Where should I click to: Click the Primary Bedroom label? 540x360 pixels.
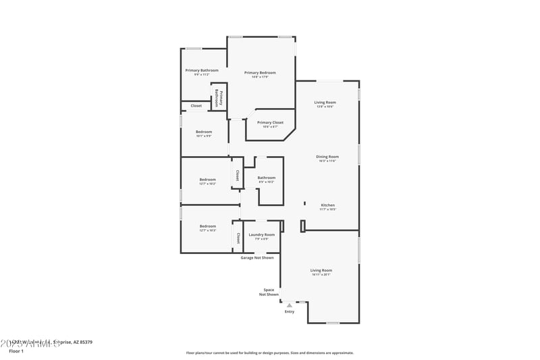click(x=260, y=73)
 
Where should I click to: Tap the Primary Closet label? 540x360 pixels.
click(x=270, y=123)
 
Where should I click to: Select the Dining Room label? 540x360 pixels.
click(x=327, y=157)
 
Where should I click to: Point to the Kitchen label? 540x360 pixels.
click(x=327, y=205)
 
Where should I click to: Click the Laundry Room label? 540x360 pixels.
click(x=261, y=235)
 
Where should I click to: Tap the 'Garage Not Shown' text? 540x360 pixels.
click(x=257, y=257)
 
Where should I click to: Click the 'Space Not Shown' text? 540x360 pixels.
click(x=269, y=292)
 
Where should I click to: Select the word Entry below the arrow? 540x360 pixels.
click(x=290, y=311)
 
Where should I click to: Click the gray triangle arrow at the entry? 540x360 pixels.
click(x=290, y=305)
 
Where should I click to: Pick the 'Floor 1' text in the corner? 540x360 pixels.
click(x=16, y=351)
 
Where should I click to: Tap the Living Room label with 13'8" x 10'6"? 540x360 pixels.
click(x=325, y=103)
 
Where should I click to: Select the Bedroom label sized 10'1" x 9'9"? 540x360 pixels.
click(x=204, y=132)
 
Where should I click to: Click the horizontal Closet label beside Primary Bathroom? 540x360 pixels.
click(x=196, y=106)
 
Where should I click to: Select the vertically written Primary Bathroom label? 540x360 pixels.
click(x=218, y=99)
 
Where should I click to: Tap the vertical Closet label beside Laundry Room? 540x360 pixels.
click(x=238, y=238)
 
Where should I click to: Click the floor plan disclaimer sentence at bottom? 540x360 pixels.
click(x=269, y=353)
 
